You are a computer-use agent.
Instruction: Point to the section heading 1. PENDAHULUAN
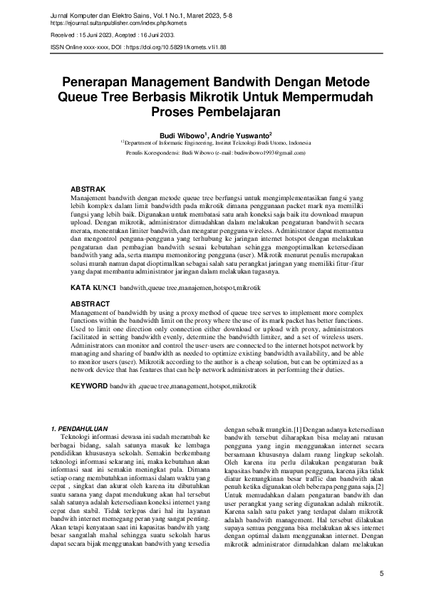click(83, 429)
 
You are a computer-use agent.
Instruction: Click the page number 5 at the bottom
click(381, 574)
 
